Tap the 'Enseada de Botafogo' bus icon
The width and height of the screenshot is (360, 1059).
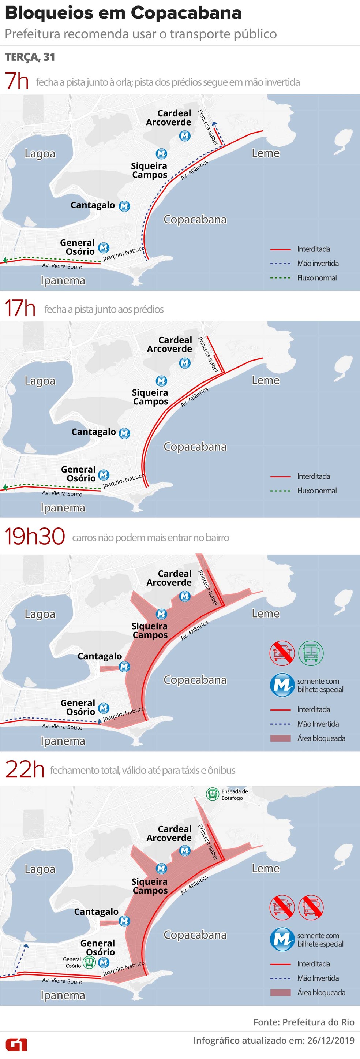point(213,794)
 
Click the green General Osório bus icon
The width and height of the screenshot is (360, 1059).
point(89,962)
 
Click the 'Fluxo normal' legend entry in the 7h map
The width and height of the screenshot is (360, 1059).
point(317,278)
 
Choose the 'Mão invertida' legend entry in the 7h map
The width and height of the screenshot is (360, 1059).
point(318,264)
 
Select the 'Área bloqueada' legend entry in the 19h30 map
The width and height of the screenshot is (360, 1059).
point(321,738)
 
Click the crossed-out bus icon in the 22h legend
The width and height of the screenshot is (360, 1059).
point(311,906)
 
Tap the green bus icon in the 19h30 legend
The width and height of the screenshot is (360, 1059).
point(311,652)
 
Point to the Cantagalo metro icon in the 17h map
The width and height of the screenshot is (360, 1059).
point(124,433)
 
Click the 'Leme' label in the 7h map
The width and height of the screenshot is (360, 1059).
point(266,153)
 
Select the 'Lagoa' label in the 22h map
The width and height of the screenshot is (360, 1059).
point(40,869)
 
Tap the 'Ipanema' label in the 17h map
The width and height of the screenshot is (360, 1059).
point(63,508)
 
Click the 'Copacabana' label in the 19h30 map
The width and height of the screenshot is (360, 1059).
point(195,680)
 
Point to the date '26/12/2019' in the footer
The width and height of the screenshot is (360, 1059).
point(330,1040)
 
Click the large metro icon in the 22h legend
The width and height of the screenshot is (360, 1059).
point(282,939)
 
